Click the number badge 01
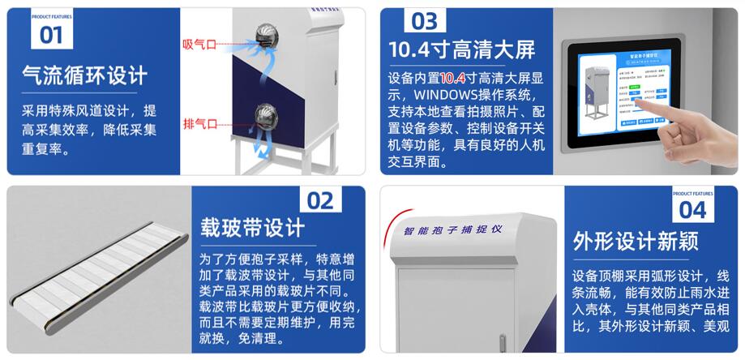pos(51,35)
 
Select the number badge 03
pos(424,21)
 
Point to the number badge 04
pos(692,209)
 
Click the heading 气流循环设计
pos(84,76)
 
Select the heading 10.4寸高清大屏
pos(462,50)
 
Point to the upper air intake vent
pos(264,34)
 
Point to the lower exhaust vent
pos(264,115)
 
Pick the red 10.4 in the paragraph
pos(452,79)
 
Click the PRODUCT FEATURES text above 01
pos(50,15)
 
